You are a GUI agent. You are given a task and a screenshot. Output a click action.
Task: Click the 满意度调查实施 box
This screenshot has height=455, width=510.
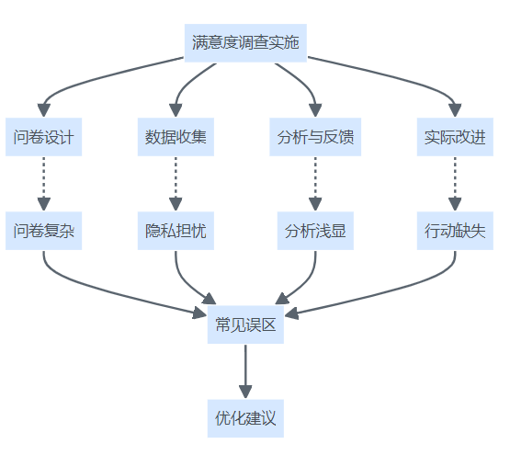245,42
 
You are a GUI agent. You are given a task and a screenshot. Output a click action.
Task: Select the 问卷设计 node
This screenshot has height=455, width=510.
43,137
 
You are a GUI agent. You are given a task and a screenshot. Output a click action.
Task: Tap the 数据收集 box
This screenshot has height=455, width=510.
176,137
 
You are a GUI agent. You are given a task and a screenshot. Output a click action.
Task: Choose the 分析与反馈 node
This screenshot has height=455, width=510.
315,137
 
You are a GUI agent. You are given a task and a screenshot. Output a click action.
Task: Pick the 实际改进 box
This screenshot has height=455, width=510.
455,137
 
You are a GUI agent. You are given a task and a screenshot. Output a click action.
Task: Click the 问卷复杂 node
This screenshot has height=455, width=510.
43,231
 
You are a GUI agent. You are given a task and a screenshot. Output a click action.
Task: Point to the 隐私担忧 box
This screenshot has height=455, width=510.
176,231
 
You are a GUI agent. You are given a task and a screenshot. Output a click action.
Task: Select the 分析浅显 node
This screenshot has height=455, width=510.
315,231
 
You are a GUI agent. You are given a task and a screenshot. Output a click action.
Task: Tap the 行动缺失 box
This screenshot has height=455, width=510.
455,231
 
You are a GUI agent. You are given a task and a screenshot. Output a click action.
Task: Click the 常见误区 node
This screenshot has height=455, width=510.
245,324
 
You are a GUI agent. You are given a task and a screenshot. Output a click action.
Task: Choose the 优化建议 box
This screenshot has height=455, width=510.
245,418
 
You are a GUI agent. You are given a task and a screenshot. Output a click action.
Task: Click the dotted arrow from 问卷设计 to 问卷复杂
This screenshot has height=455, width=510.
43,184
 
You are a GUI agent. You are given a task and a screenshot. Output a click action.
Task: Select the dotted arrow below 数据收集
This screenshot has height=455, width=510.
176,184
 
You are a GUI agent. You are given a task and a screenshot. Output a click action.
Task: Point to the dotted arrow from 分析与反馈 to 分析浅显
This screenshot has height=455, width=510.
315,184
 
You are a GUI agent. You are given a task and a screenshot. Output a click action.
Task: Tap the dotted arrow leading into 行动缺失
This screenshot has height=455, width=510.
455,184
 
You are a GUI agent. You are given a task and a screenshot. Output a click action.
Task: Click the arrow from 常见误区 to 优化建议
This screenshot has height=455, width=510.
245,371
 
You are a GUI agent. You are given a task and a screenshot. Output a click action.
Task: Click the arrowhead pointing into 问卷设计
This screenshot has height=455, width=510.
43,110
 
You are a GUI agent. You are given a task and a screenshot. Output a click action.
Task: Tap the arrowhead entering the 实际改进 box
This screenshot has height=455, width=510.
455,110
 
